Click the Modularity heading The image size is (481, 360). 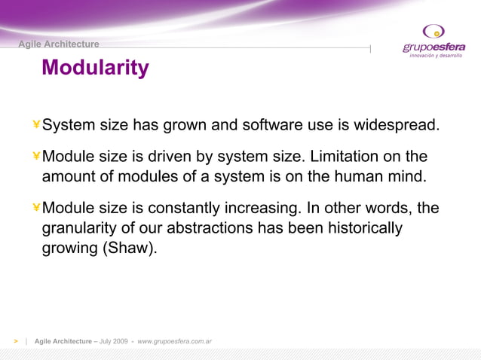95,69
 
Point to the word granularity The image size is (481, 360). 81,228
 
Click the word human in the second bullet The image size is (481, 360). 353,178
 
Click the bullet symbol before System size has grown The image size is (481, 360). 35,124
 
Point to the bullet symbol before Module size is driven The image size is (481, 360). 35,157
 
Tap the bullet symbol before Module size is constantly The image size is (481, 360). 35,208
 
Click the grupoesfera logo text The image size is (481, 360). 434,47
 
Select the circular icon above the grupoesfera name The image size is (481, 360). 434,31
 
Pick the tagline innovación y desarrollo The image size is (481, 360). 436,56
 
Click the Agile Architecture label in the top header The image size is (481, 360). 59,44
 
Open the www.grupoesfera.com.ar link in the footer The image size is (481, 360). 174,341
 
